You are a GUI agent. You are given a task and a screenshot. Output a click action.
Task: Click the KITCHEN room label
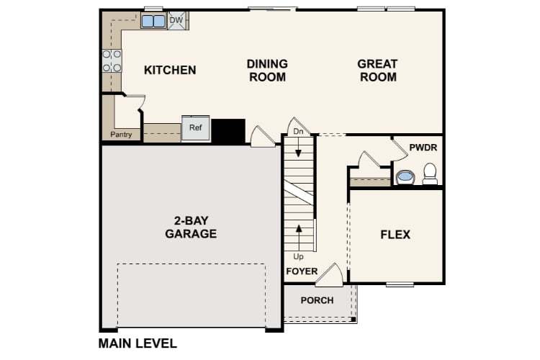point(170,70)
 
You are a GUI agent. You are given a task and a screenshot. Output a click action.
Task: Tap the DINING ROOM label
point(268,71)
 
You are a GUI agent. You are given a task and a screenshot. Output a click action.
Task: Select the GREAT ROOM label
point(377,71)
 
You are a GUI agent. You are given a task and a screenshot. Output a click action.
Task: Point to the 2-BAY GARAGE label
point(191,227)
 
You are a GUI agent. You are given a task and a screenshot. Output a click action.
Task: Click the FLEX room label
point(395,235)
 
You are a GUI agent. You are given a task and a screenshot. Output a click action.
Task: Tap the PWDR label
point(423,148)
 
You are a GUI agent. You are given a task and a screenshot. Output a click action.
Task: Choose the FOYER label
point(302,271)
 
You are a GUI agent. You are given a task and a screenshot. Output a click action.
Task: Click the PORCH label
point(317,300)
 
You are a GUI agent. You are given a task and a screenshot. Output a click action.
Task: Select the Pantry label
point(120,135)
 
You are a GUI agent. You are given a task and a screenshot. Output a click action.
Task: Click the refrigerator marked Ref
point(196,128)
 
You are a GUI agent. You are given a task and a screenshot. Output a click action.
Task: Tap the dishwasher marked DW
point(176,20)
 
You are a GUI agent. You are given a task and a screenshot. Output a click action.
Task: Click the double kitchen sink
point(153,21)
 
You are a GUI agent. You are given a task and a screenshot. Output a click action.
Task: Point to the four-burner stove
point(112,60)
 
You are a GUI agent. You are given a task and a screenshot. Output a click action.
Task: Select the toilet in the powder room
point(430,173)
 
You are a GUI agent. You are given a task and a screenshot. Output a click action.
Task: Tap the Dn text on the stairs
point(298,132)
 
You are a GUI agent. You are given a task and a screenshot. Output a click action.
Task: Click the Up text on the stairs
point(298,256)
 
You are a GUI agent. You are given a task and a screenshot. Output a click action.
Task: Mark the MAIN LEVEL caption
point(138,343)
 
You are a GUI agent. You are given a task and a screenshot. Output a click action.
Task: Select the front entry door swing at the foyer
point(332,274)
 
